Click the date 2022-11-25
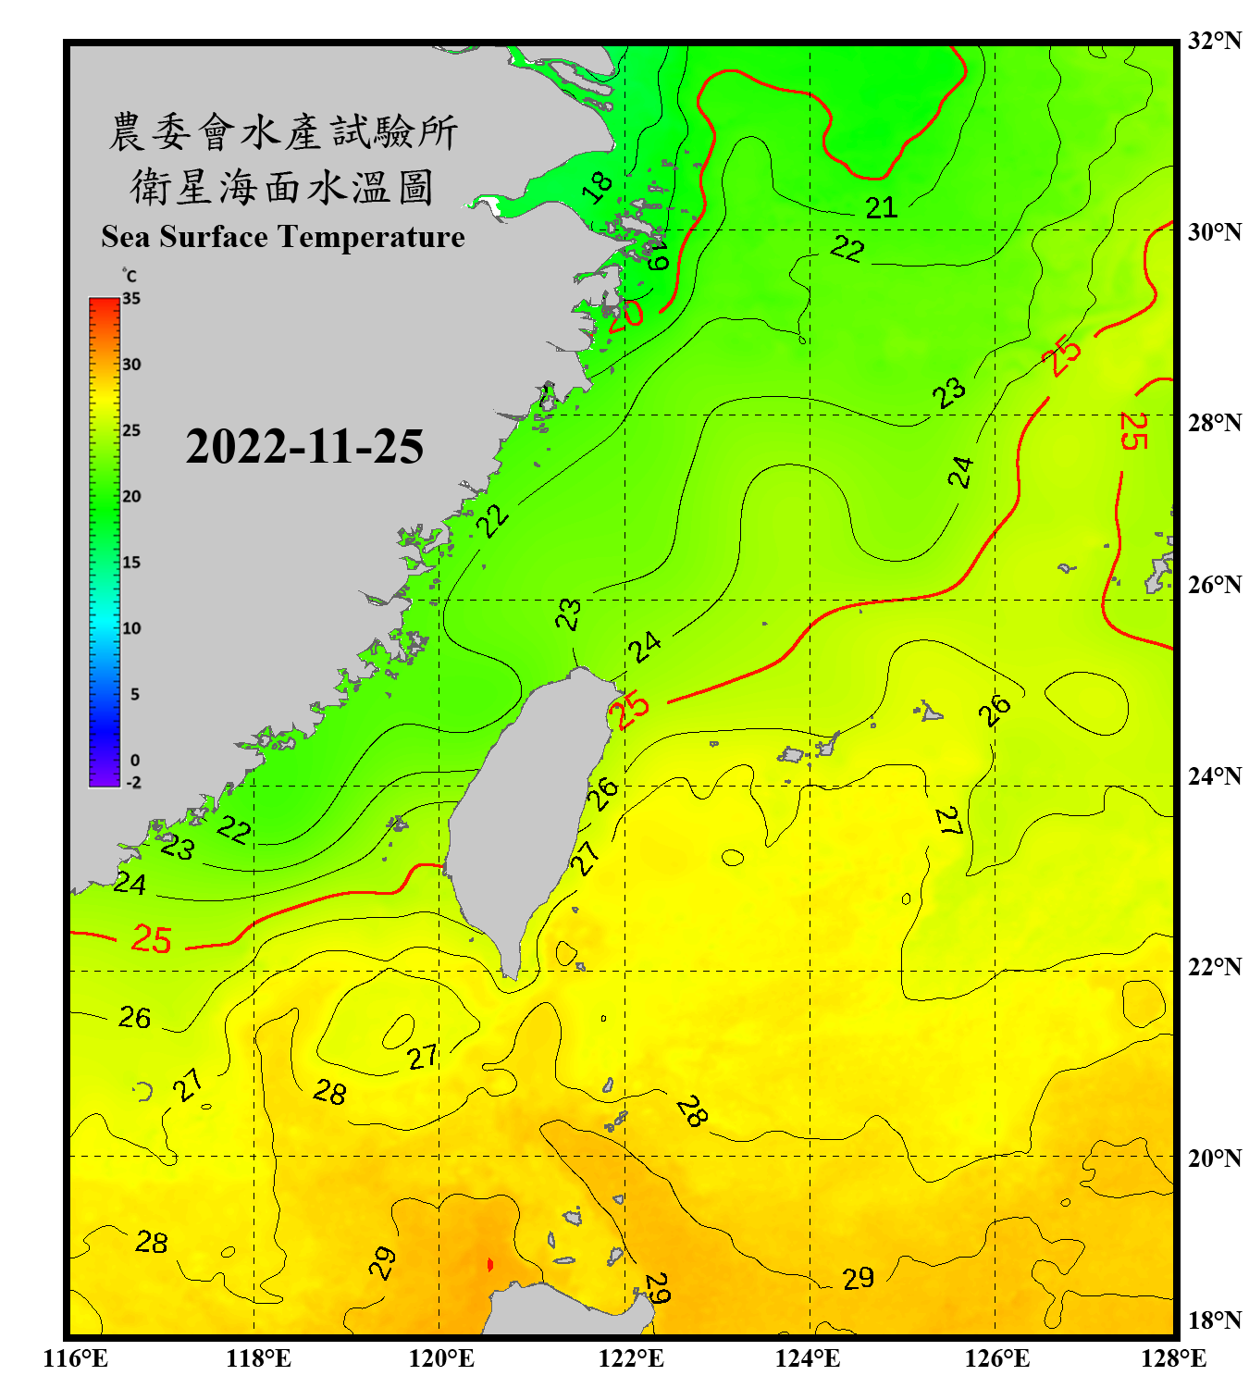(304, 446)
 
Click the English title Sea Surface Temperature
(283, 237)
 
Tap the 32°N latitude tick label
(1214, 41)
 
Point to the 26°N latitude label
(1214, 585)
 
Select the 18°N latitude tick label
(1214, 1320)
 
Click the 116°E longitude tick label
(76, 1358)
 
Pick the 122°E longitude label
(631, 1358)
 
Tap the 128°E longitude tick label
(1173, 1358)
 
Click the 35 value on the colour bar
(131, 299)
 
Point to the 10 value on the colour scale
(131, 628)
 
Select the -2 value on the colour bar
(133, 783)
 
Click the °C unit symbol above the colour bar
(129, 276)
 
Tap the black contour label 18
(599, 187)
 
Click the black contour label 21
(881, 207)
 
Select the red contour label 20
(626, 314)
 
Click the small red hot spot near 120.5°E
(489, 1264)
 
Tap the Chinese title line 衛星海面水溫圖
(282, 187)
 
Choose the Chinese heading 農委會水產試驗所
(282, 132)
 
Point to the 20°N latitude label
(1214, 1158)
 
